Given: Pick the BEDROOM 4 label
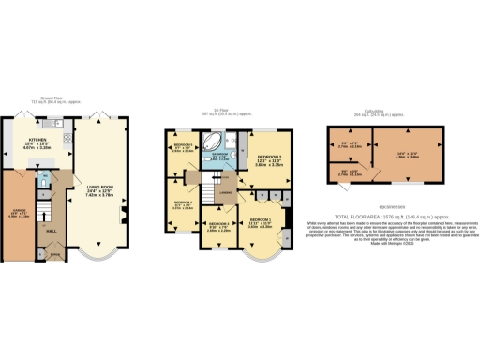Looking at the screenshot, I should point(184,202).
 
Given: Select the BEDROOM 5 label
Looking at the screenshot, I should point(184,146).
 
